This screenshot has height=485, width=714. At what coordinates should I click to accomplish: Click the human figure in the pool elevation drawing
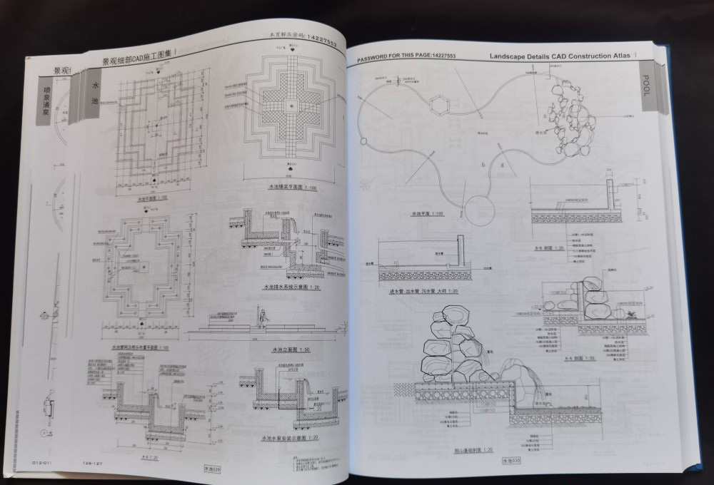coord(263,318)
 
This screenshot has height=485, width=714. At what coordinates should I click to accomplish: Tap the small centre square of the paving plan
coord(291,106)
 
